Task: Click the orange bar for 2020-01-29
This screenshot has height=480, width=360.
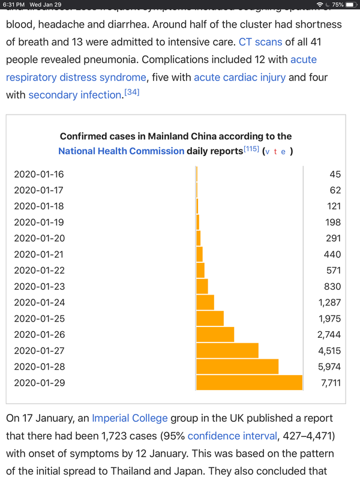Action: point(249,382)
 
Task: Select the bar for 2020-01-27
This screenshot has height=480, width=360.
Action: point(227,350)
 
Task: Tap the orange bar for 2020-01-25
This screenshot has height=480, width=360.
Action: point(209,318)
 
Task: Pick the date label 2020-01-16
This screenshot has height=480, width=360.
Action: point(38,174)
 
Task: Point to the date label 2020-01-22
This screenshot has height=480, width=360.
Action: point(38,270)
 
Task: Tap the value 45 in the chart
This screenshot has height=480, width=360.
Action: point(335,174)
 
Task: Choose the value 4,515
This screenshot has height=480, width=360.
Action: point(329,350)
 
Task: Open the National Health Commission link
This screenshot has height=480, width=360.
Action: point(121,151)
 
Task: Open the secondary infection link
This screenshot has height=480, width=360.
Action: point(74,95)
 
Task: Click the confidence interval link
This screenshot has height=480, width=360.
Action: point(232,434)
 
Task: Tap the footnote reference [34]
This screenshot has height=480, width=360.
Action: point(131,92)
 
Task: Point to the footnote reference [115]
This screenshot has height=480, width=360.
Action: point(251,149)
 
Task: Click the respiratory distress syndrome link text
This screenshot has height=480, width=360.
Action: point(76,77)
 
